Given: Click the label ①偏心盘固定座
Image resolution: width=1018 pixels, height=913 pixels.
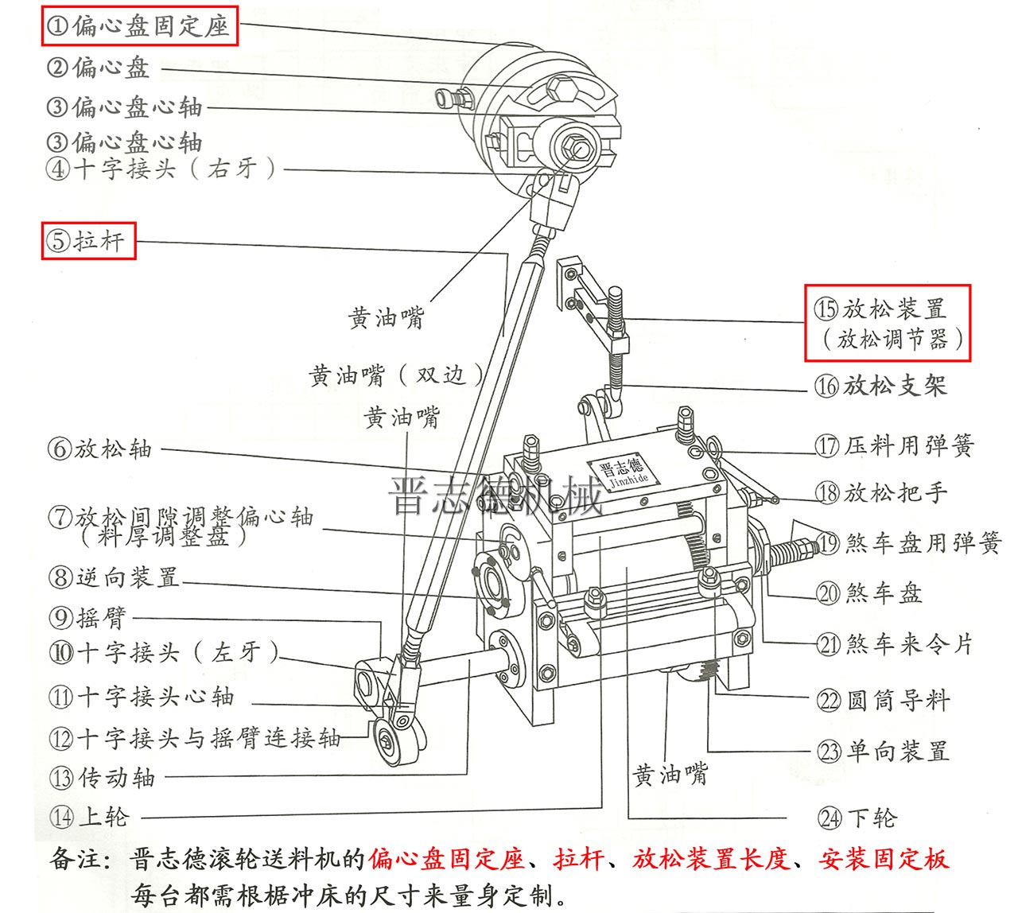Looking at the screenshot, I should (x=139, y=26).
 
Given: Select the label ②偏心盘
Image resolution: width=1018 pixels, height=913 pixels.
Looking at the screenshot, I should (x=99, y=68).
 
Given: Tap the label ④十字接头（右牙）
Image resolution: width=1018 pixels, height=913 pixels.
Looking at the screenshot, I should (x=162, y=169).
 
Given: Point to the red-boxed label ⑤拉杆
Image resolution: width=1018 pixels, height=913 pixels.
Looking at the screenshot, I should (x=88, y=240).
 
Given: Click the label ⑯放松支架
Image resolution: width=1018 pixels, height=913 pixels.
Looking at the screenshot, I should (x=880, y=387).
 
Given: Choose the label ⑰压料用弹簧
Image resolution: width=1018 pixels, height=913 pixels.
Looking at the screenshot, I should (x=894, y=446).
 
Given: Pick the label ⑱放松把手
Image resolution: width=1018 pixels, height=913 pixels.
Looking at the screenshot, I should (x=881, y=493).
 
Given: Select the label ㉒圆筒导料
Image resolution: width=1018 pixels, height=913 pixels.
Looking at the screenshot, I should (x=883, y=701).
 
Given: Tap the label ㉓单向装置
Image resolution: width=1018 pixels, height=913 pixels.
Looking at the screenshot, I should (x=883, y=752).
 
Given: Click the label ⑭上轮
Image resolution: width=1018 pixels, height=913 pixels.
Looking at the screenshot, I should (x=89, y=817).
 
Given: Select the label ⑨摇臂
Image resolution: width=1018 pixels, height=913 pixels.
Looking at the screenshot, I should (x=87, y=618).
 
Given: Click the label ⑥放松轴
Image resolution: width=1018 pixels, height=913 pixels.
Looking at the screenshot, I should (x=100, y=449).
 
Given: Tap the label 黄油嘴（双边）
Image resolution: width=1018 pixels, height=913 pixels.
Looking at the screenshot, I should (x=396, y=375).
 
